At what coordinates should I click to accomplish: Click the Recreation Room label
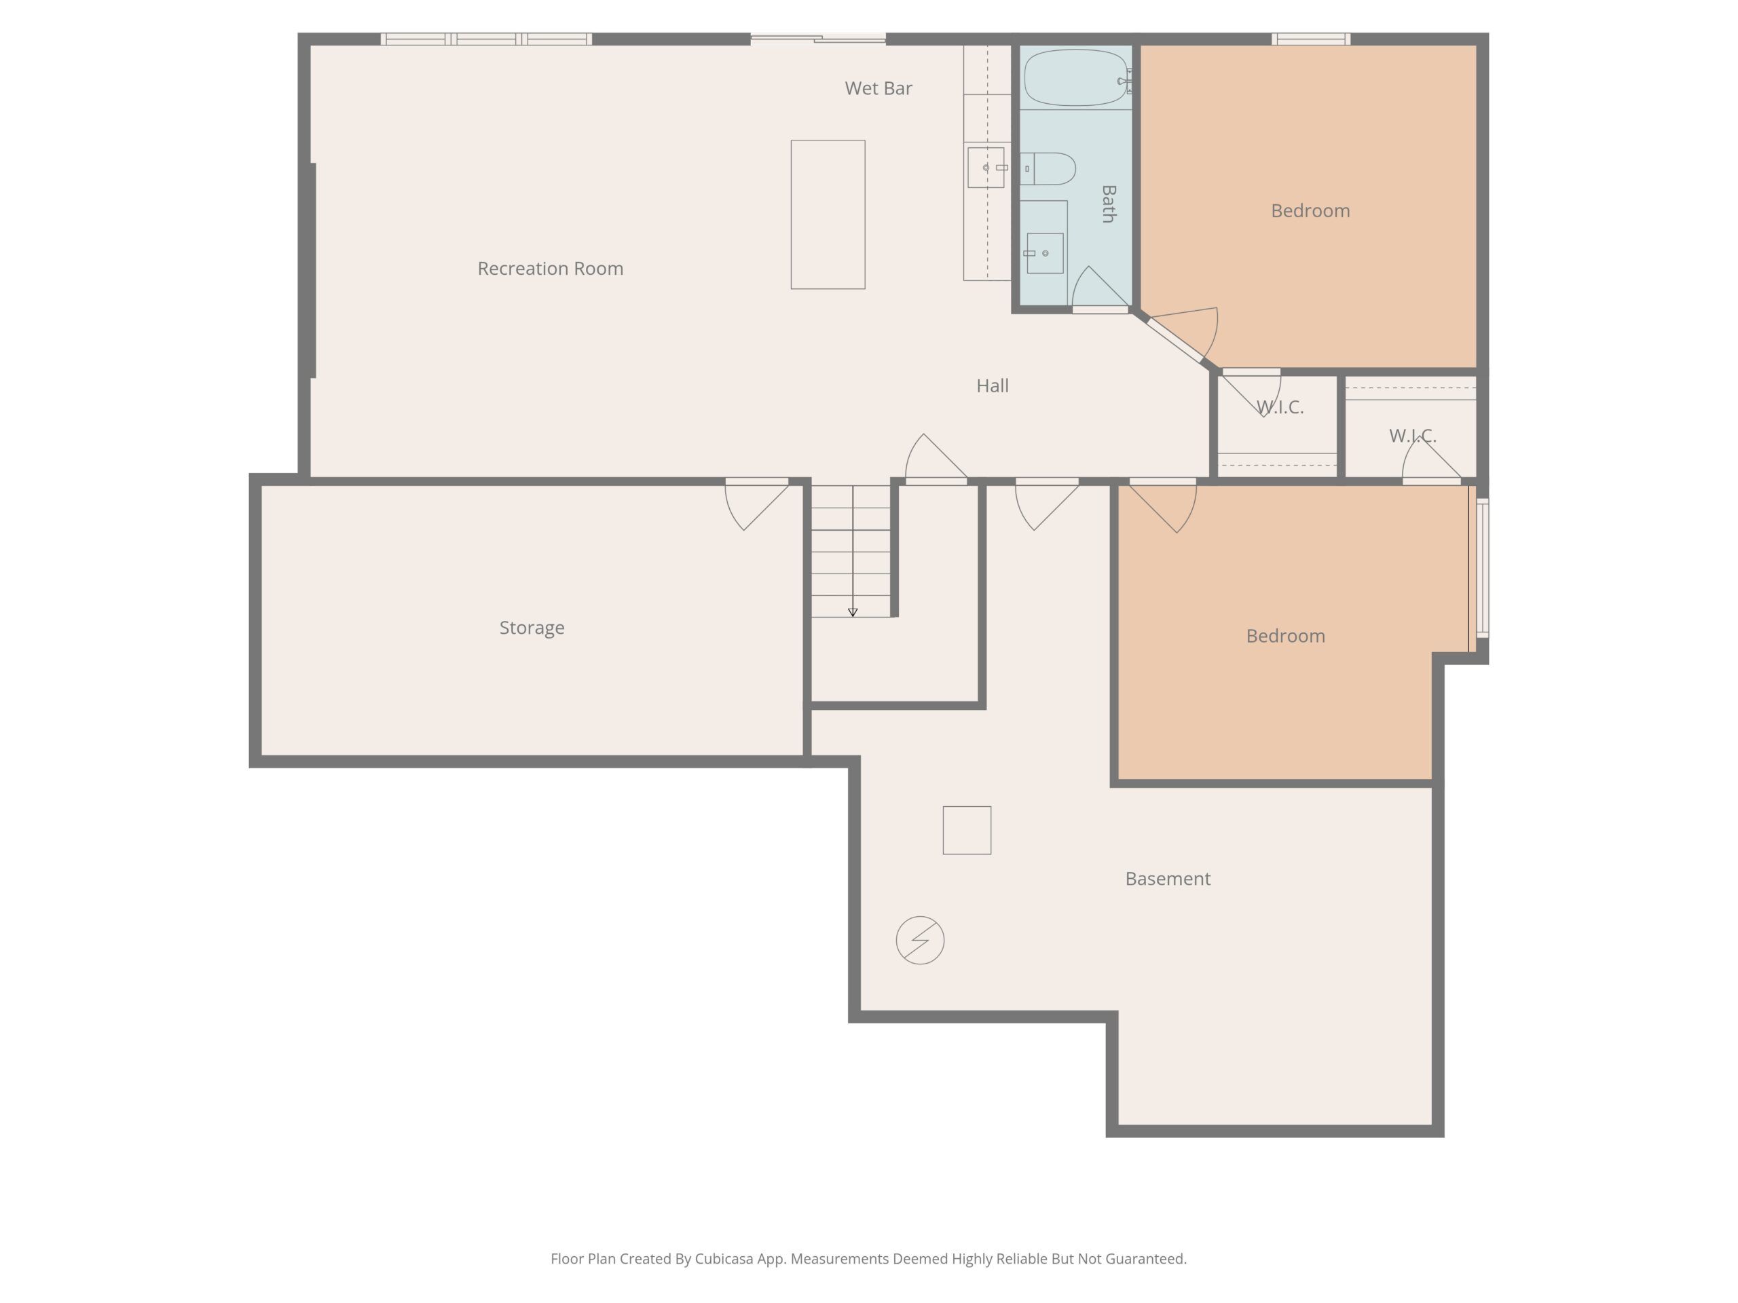pos(550,269)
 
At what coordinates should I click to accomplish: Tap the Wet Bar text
pos(879,89)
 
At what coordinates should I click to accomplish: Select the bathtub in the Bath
pos(1075,77)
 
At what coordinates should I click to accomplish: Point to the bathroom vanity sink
pos(1045,253)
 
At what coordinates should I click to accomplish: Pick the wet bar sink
pos(986,168)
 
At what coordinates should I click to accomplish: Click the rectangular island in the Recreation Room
pos(828,214)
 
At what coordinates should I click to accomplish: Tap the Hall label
pos(993,385)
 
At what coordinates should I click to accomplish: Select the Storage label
pos(532,628)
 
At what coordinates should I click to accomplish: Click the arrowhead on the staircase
pos(853,612)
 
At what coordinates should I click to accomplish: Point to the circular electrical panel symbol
pos(920,940)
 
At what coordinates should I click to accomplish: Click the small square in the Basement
pos(967,830)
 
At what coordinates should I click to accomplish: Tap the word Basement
pos(1168,879)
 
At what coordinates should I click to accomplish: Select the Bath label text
pos(1109,204)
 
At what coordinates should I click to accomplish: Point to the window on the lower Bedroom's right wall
pos(1483,568)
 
